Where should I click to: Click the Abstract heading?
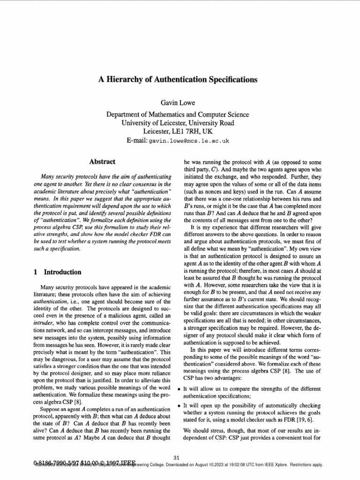pyautogui.click(x=102, y=162)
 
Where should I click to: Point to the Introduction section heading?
pyautogui.click(x=62, y=272)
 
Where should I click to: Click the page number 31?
pyautogui.click(x=177, y=457)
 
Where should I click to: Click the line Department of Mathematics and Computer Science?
pyautogui.click(x=178, y=114)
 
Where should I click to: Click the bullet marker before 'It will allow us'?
pyautogui.click(x=179, y=390)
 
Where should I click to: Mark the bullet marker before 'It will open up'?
pyautogui.click(x=179, y=405)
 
